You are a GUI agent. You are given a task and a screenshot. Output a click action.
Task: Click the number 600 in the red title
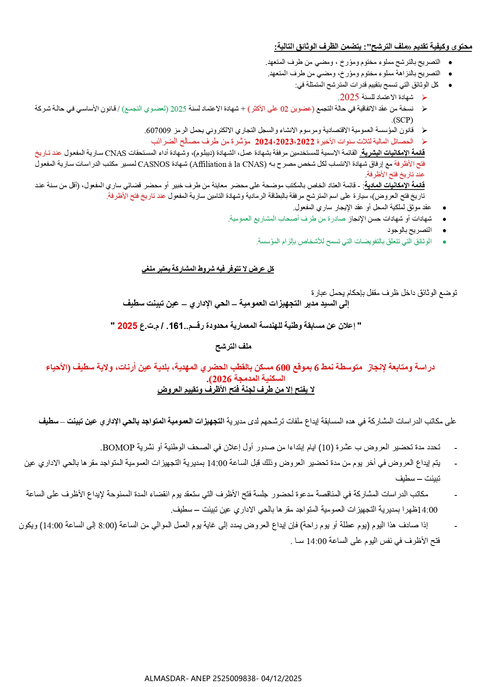click(x=283, y=367)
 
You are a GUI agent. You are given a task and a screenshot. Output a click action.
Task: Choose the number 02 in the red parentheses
click(x=284, y=109)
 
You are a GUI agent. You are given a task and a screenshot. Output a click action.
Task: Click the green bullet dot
click(x=444, y=242)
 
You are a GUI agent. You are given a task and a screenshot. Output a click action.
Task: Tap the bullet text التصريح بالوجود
click(x=410, y=230)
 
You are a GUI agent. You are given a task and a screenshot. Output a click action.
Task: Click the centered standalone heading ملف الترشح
click(x=233, y=346)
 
